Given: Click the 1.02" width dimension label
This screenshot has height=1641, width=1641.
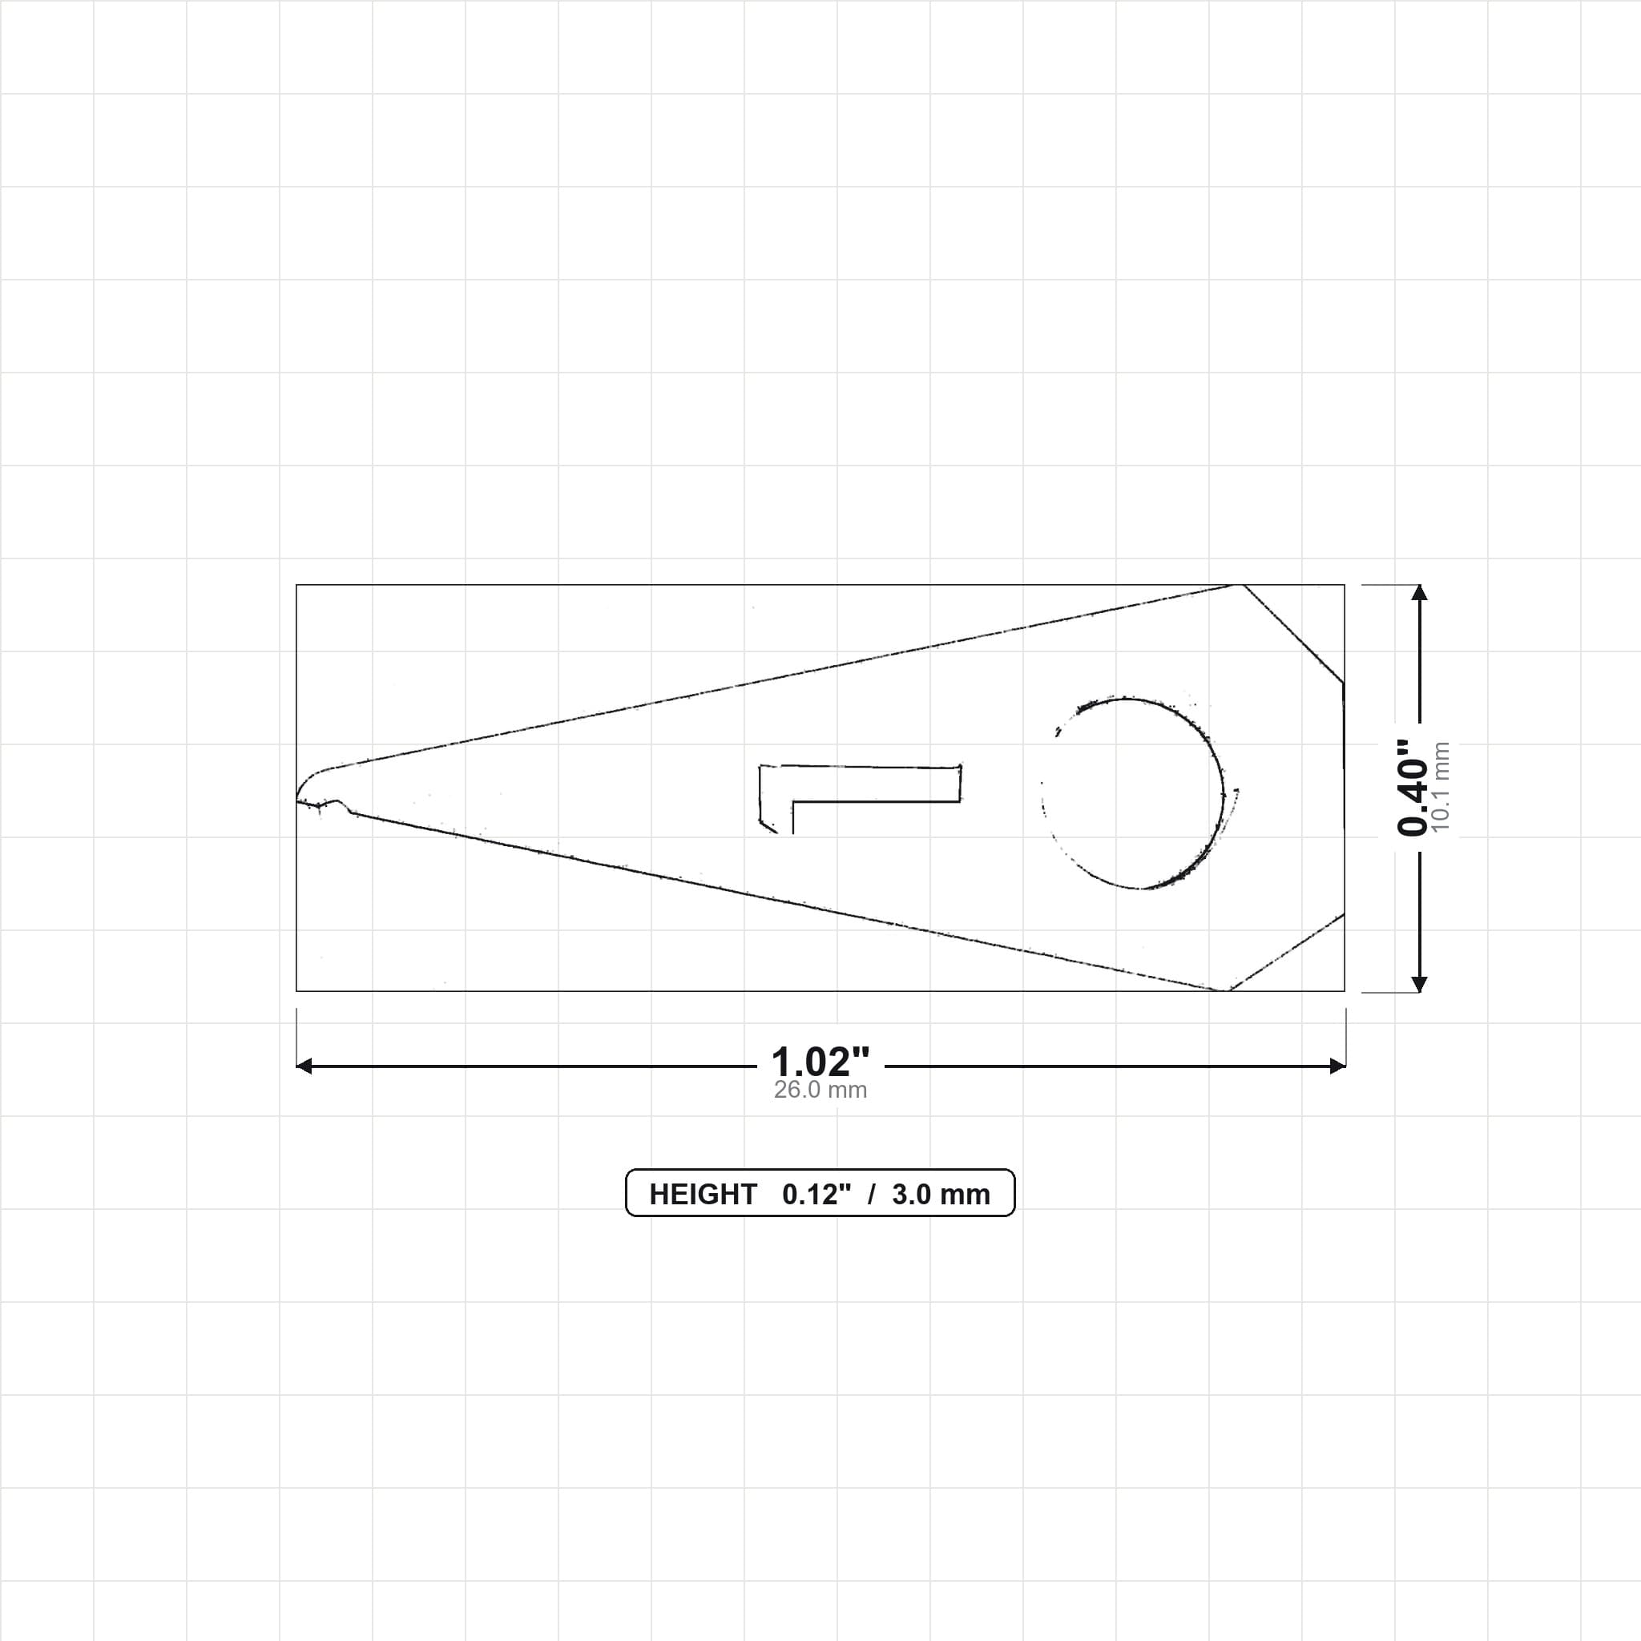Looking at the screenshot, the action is pos(820,1062).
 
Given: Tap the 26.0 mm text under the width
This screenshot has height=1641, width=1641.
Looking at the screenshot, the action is pos(820,1090).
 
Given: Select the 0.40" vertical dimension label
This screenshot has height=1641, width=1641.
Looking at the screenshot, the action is pos(1413,788).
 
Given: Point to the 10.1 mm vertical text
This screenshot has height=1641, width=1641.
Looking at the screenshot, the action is pos(1441,788).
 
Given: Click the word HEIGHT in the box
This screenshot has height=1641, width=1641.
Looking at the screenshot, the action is pos(703,1194).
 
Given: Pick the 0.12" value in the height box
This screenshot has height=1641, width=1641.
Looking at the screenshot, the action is pos(816,1194).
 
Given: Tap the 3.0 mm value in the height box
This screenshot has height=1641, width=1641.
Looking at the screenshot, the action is pos(941,1194).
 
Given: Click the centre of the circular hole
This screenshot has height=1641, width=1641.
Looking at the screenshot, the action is pos(1133,793).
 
